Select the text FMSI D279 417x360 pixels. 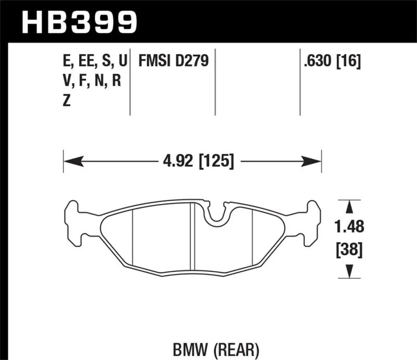click(x=173, y=61)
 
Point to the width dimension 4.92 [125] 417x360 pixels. click(x=192, y=161)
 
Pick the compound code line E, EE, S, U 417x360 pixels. click(x=94, y=62)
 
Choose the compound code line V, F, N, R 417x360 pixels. click(x=91, y=81)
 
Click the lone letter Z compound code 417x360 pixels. click(x=66, y=101)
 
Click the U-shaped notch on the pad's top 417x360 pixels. click(x=218, y=215)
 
